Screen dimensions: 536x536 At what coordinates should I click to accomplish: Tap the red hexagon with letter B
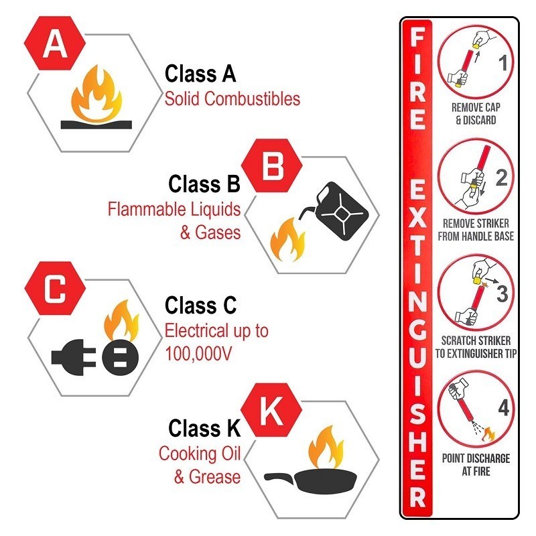click(x=273, y=167)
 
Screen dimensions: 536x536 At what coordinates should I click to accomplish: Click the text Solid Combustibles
click(x=232, y=99)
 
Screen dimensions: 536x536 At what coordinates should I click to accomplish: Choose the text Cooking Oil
click(x=199, y=454)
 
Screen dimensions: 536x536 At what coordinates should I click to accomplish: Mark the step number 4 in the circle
click(x=503, y=407)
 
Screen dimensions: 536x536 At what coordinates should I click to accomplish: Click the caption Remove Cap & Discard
click(x=475, y=114)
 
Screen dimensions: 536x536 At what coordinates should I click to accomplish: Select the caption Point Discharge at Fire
click(x=476, y=465)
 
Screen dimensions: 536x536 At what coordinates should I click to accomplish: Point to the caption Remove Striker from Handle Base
click(x=476, y=230)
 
